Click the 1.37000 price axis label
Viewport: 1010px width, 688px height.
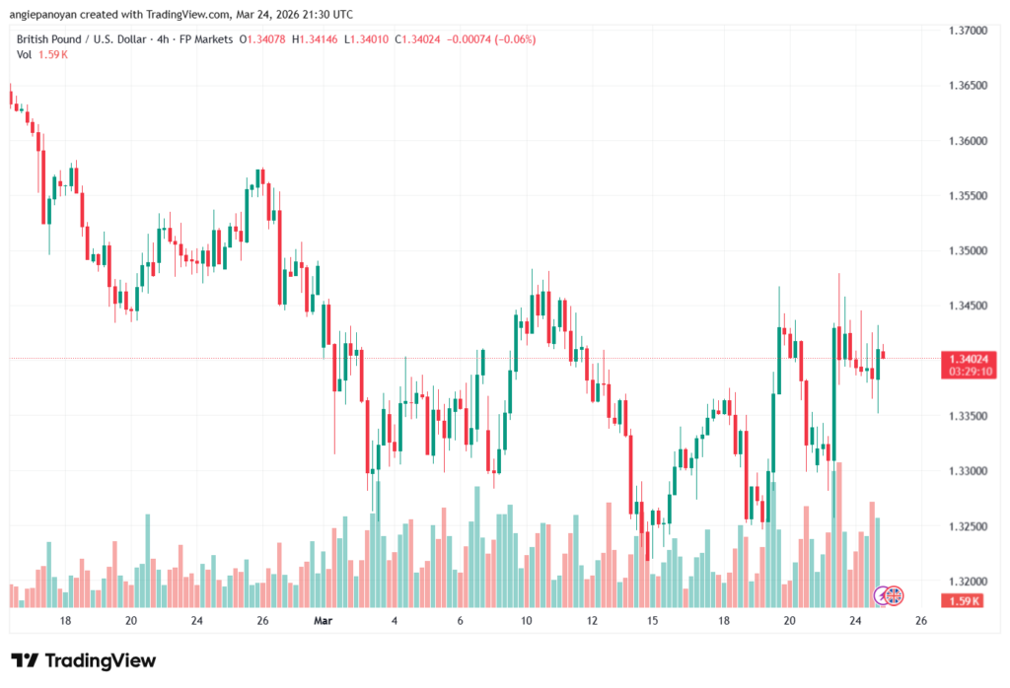click(966, 31)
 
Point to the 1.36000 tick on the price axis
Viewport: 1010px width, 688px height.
click(966, 141)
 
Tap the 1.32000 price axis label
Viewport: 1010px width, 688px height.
click(966, 582)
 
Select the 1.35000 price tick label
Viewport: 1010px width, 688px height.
click(966, 251)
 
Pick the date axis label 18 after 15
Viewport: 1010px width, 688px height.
click(724, 622)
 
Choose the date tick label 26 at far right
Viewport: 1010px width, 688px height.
click(921, 622)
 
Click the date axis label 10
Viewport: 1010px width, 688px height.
click(526, 622)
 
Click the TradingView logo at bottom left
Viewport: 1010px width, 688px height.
click(83, 660)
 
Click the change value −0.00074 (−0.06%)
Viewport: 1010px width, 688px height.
click(492, 39)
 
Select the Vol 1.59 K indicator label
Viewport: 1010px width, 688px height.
click(41, 54)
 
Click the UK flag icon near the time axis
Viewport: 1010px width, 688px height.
click(895, 595)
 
